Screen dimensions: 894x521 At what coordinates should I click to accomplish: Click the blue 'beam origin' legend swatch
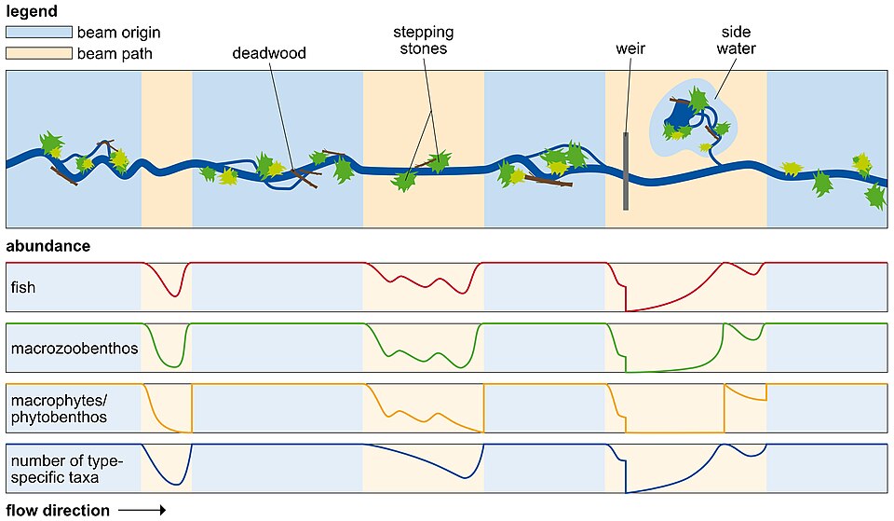(39, 32)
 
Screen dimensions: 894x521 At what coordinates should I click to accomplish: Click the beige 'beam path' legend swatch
(39, 53)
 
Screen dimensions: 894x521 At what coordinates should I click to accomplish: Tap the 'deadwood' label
(269, 53)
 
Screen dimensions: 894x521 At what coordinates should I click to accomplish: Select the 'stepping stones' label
(424, 40)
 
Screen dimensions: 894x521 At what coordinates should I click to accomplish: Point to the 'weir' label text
(630, 48)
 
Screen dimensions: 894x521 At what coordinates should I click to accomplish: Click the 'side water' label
(736, 40)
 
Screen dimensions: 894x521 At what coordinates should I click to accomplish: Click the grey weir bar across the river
(626, 171)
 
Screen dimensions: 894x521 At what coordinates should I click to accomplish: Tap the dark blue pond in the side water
(680, 113)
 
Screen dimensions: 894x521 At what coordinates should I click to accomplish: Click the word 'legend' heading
(32, 11)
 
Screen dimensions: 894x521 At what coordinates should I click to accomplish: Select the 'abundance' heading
(47, 246)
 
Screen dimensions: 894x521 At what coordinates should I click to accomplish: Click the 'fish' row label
(22, 287)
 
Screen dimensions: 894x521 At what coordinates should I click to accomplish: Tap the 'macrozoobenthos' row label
(74, 348)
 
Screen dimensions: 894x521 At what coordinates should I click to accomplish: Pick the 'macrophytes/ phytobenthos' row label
(59, 408)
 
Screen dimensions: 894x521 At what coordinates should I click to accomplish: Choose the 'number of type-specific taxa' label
(67, 469)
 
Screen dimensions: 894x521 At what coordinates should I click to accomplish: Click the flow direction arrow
(142, 510)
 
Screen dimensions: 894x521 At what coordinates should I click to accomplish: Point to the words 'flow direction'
(58, 510)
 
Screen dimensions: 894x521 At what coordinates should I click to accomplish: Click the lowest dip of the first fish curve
(175, 295)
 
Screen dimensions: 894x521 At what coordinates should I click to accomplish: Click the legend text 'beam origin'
(118, 33)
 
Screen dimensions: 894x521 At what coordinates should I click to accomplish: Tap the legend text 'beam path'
(115, 54)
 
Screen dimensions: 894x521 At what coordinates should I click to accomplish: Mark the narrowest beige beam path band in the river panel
(167, 149)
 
